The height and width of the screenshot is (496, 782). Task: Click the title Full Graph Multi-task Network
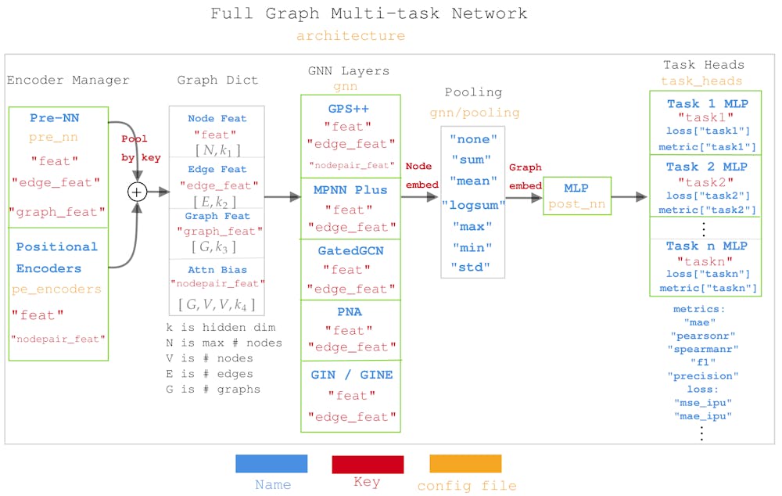coord(368,14)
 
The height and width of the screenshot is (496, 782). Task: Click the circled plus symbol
coord(138,192)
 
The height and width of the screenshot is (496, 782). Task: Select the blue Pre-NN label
coord(55,118)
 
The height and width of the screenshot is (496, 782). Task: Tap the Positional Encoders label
coord(57,257)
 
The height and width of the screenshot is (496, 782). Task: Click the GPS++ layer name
coord(349,108)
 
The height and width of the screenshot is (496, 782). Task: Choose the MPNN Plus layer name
coord(350,190)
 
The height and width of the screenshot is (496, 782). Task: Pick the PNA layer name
coord(349,311)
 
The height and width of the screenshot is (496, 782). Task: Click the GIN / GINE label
coord(352,375)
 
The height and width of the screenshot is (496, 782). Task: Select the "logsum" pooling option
coord(473,205)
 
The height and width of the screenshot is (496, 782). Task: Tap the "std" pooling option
coord(472,267)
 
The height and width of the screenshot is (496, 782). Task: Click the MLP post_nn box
coord(576,196)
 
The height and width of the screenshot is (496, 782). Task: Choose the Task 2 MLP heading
coord(706,167)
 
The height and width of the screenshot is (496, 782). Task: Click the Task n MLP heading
coord(706,246)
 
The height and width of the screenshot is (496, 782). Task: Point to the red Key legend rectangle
coord(368,464)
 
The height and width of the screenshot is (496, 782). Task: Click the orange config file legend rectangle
coord(465,464)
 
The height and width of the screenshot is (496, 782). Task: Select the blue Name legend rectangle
coord(271,464)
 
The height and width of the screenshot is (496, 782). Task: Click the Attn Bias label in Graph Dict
coord(216,271)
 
